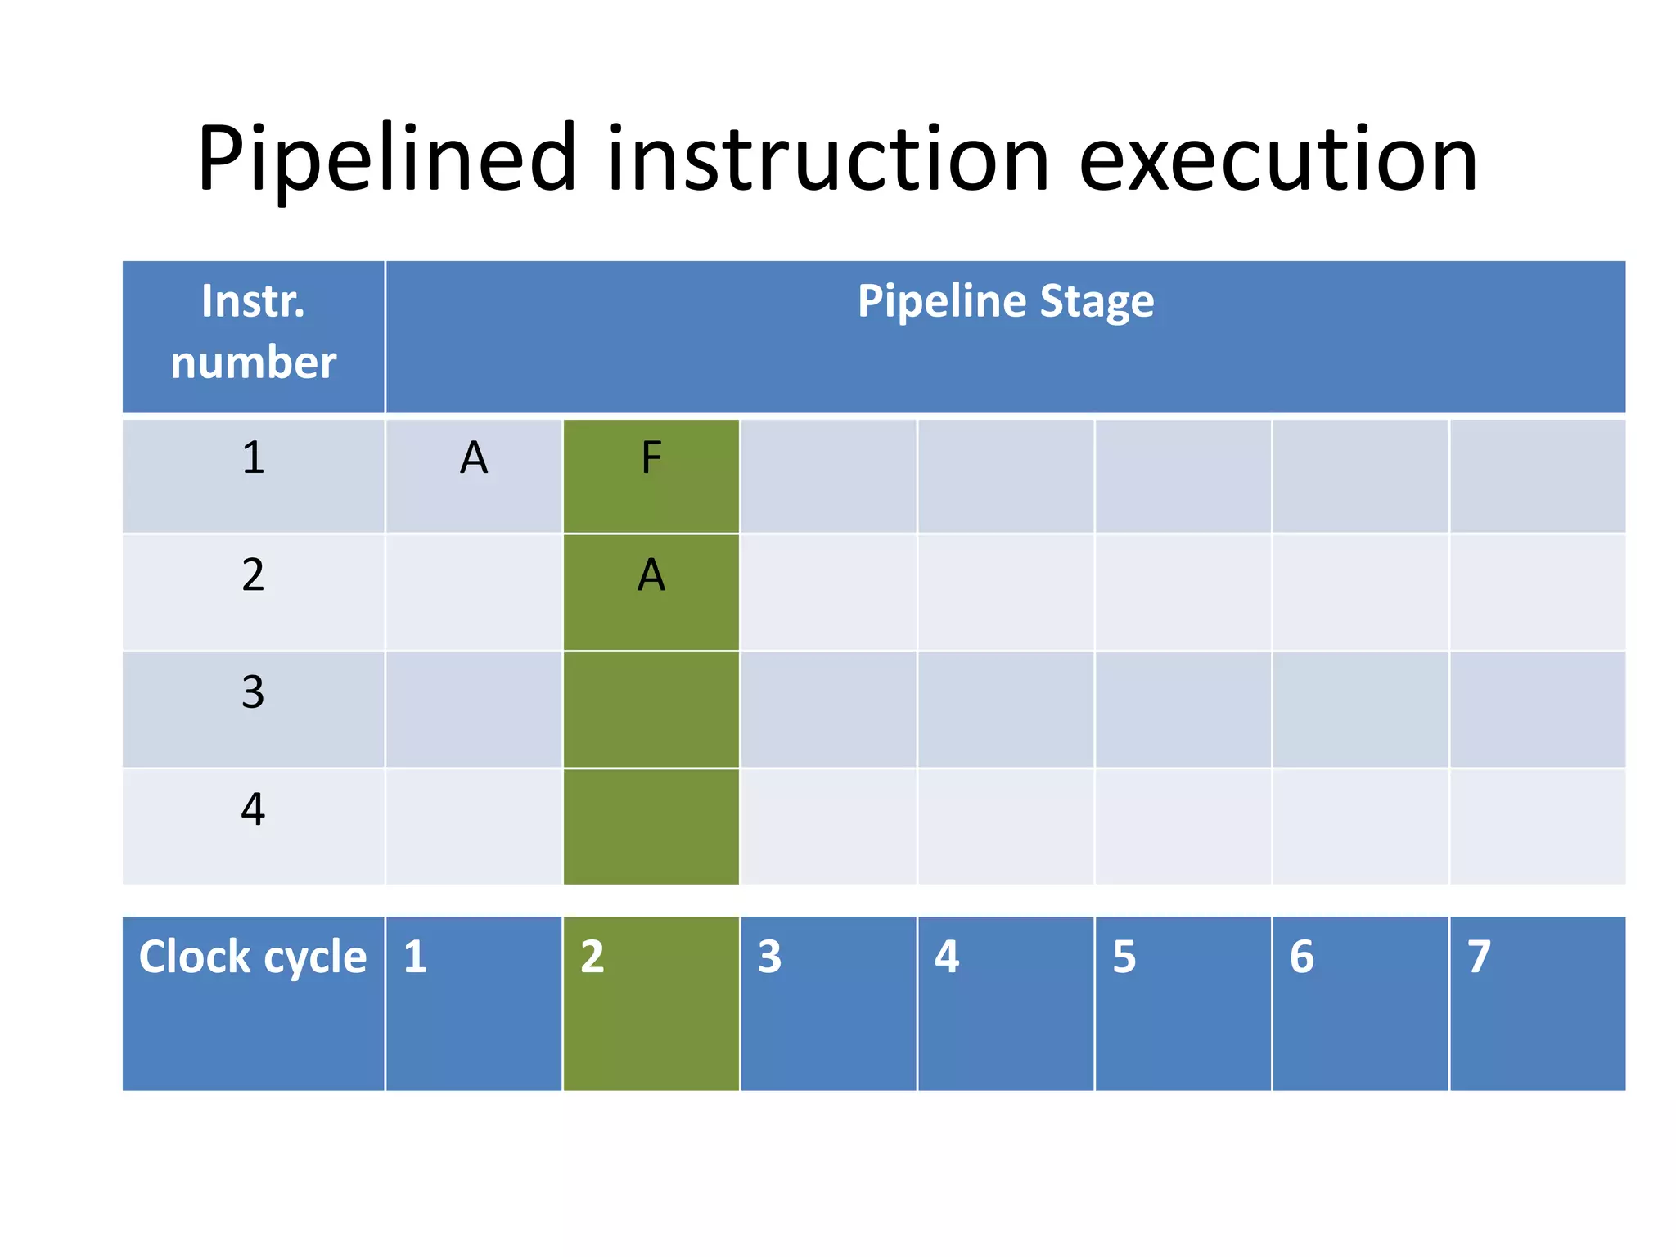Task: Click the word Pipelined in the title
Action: coord(386,160)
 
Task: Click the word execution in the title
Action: coord(1277,160)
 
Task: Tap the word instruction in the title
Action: coord(827,160)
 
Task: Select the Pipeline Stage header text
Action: coord(1005,301)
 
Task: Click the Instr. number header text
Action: coord(253,331)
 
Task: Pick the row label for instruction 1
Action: coord(253,457)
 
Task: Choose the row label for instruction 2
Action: coord(253,574)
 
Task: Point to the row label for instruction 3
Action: coord(253,692)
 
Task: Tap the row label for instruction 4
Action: coord(253,809)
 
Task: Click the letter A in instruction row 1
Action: coord(474,457)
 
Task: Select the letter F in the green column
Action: coord(651,457)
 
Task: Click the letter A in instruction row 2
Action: coord(651,574)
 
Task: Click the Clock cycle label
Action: coord(253,957)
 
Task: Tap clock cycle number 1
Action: coord(415,957)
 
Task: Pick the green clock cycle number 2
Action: coord(592,957)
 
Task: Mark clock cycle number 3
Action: coord(769,957)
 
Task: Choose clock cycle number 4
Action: coord(947,957)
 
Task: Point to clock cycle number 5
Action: coord(1124,957)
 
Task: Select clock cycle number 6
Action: coord(1301,957)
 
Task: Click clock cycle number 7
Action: coord(1479,957)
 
